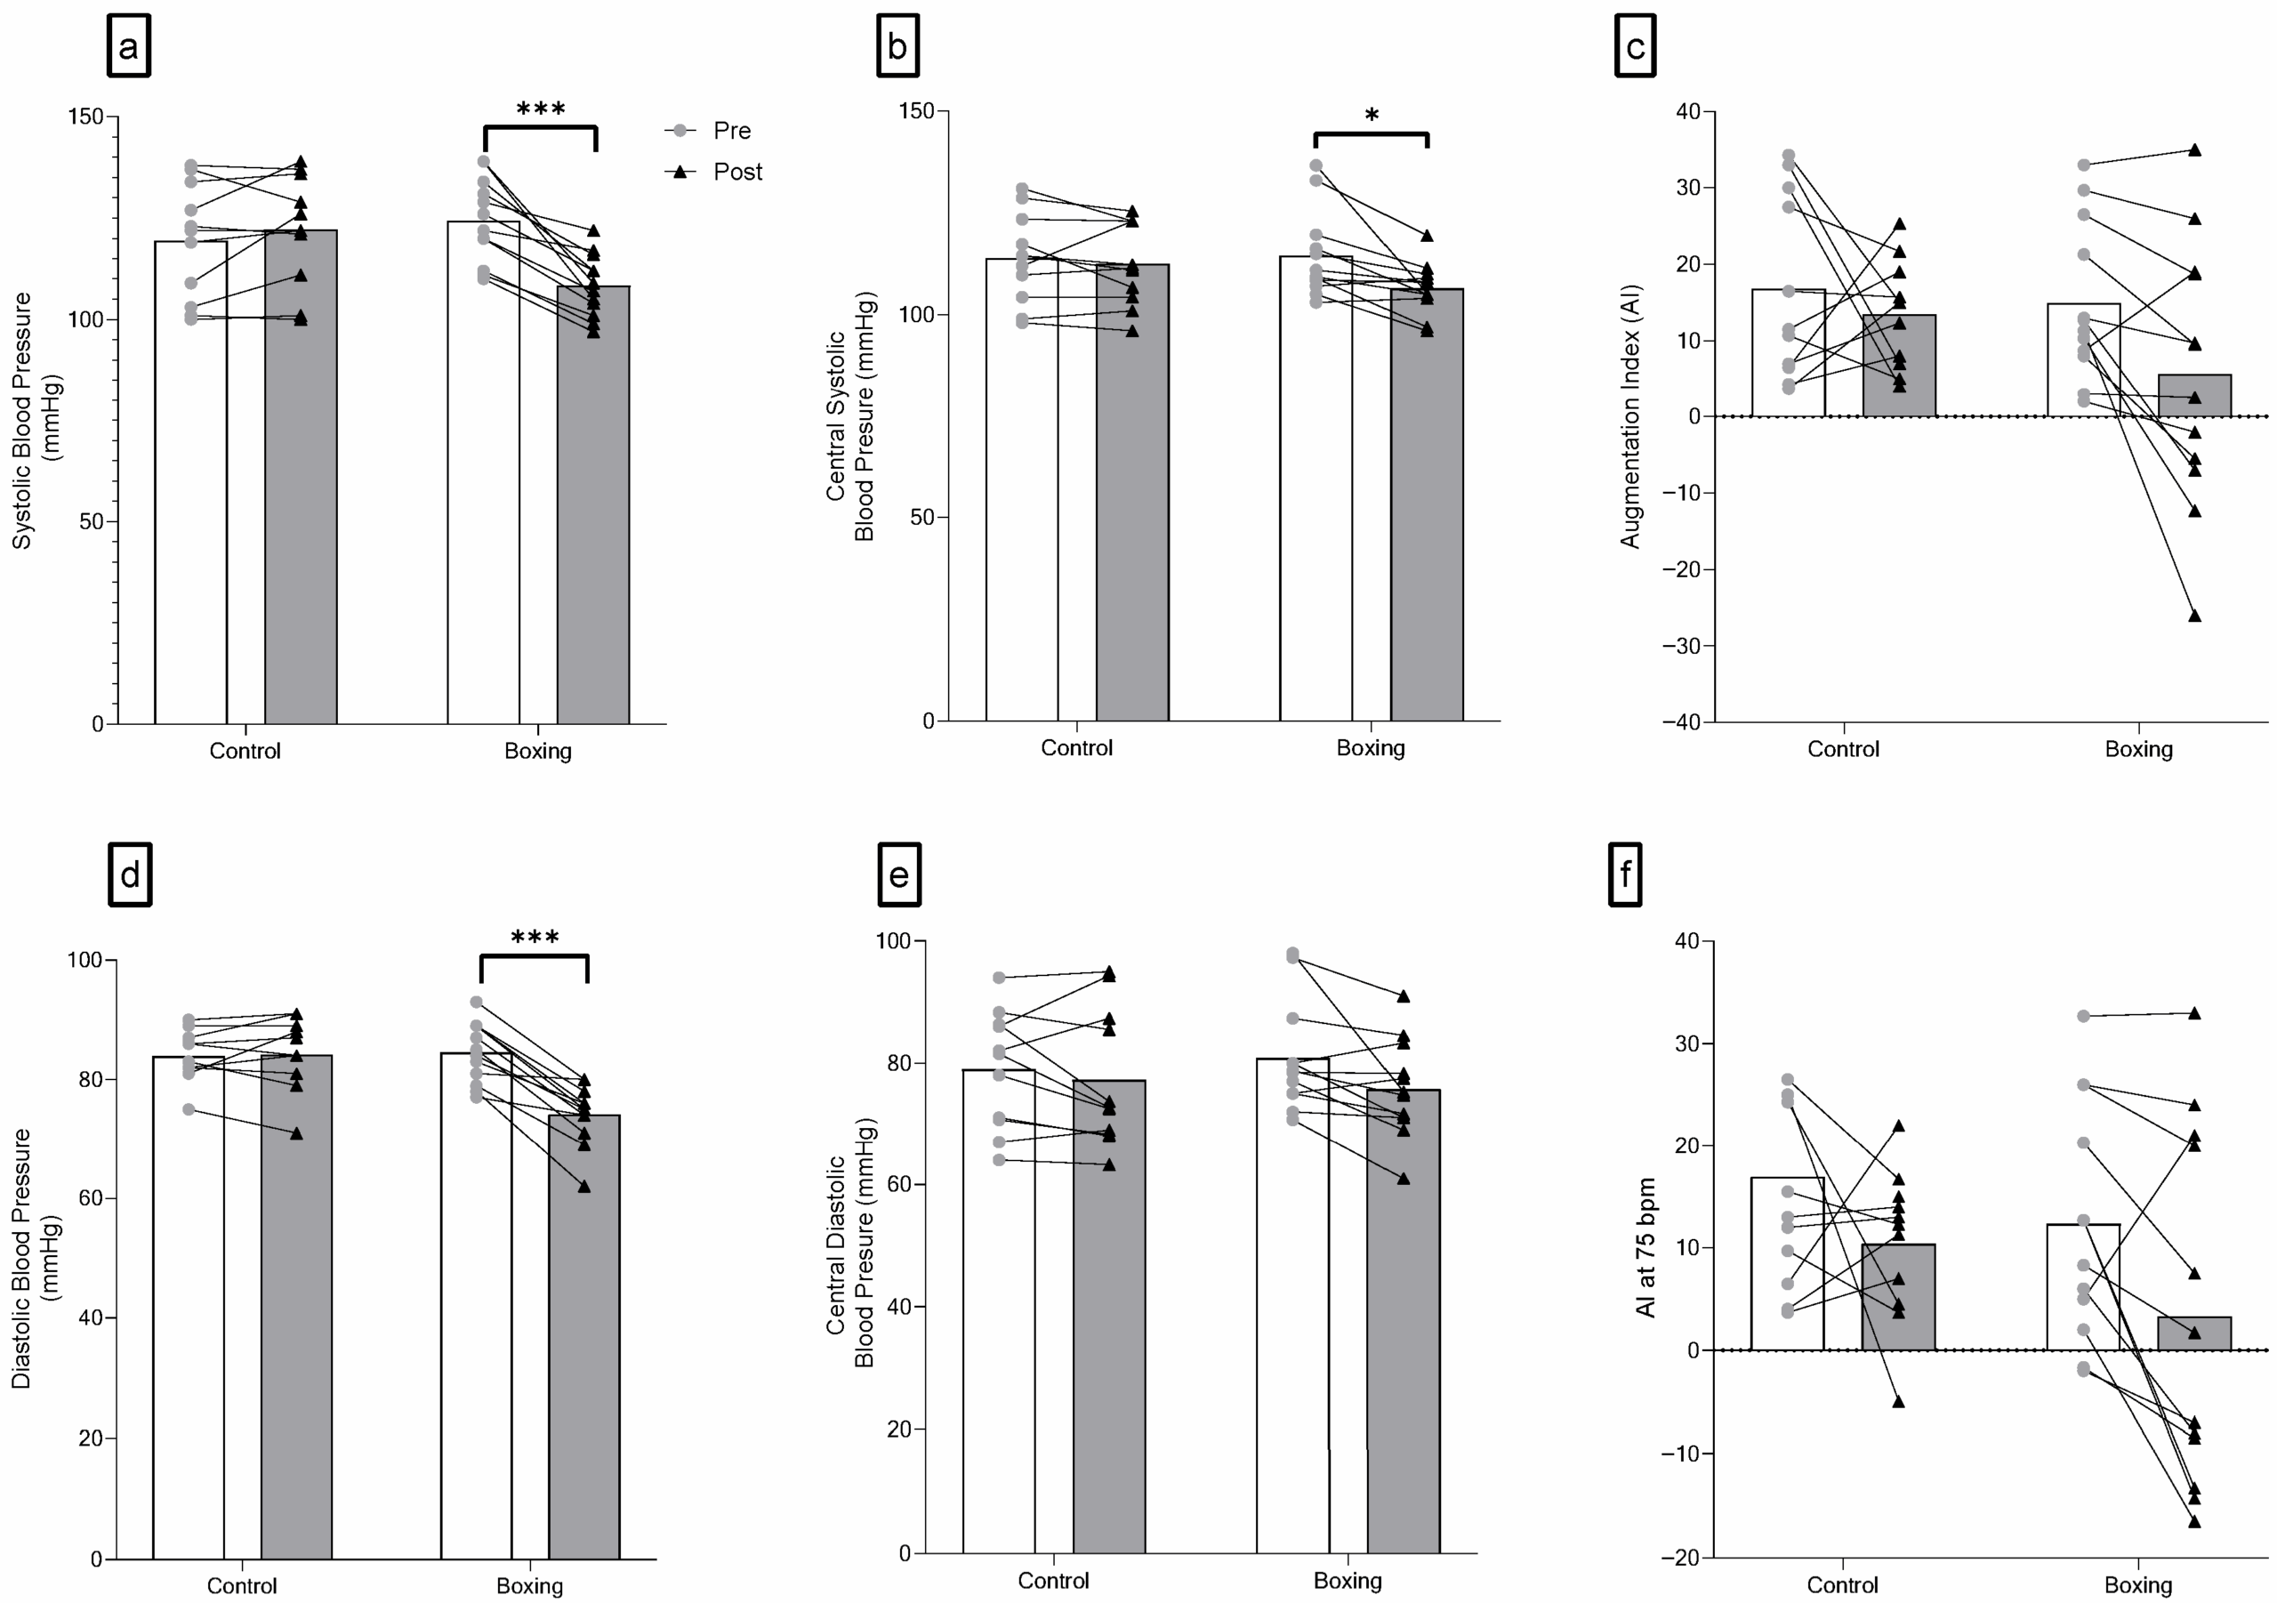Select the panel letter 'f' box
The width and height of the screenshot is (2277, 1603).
(1624, 875)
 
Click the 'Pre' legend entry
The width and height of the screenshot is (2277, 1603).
(732, 131)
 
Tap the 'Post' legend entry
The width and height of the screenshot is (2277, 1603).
(736, 172)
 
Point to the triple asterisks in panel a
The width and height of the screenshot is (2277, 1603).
(541, 109)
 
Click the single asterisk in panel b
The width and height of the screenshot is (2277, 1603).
(1372, 116)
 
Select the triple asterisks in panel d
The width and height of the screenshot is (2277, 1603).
(535, 938)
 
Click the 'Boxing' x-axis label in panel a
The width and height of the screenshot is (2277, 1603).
(537, 751)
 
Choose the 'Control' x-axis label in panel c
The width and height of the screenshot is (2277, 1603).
(1843, 749)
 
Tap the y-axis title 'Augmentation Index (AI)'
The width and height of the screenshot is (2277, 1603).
(1631, 416)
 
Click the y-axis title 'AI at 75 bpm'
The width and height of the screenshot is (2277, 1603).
(1646, 1248)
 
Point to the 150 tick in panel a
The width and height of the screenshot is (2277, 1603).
(85, 116)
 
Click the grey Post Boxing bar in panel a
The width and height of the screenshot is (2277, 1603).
(593, 506)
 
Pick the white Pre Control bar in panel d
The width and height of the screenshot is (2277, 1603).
(189, 1309)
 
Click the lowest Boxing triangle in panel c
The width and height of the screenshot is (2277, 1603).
(2194, 616)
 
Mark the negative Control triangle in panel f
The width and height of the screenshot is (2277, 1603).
(1899, 1403)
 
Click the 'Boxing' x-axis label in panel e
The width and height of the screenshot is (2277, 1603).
(1347, 1580)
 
